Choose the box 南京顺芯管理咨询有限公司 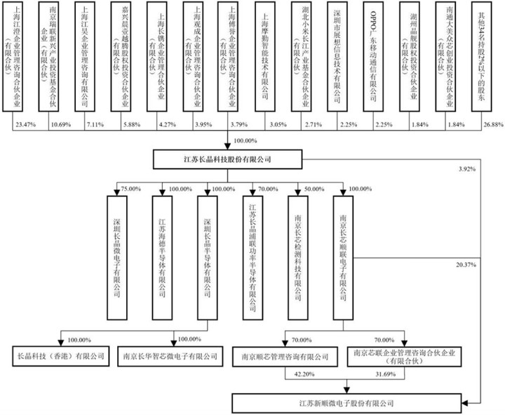[x=286, y=356]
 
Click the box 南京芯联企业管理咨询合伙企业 [x=407, y=356]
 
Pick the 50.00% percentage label [x=314, y=189]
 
